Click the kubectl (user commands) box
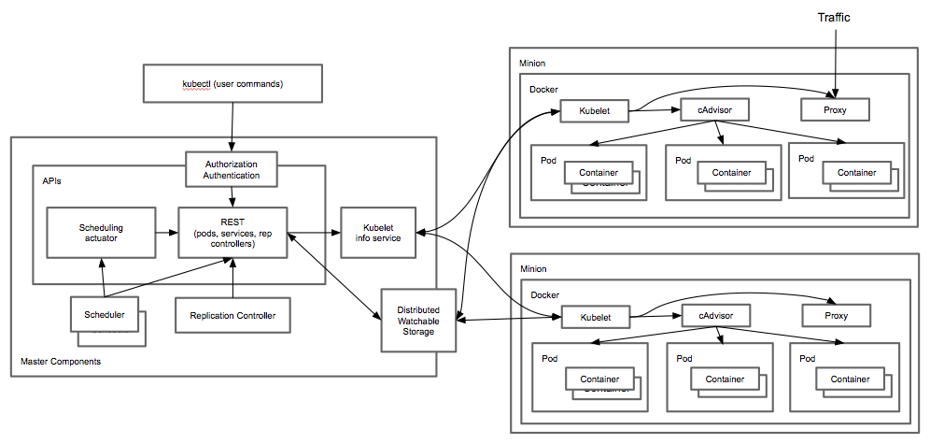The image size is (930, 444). tap(232, 84)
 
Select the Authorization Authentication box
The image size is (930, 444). tap(232, 168)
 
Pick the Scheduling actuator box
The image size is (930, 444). tap(101, 233)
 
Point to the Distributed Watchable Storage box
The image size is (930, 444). tap(417, 320)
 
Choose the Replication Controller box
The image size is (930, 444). tap(232, 315)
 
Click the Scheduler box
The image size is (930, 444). tap(105, 314)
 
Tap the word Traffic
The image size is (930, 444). tap(834, 17)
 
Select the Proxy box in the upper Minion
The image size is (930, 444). tap(836, 109)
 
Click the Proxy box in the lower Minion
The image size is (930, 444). tap(836, 317)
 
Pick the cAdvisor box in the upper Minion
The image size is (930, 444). tap(715, 109)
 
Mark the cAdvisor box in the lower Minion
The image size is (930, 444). tap(715, 317)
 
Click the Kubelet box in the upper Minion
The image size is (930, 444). tap(594, 112)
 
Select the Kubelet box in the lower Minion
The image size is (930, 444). tap(594, 318)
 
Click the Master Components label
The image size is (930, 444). tap(61, 362)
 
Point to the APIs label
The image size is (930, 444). tap(53, 178)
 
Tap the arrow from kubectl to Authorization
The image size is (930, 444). tap(232, 126)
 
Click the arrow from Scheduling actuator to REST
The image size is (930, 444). tap(167, 233)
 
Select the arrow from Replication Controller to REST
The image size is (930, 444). tap(232, 279)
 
